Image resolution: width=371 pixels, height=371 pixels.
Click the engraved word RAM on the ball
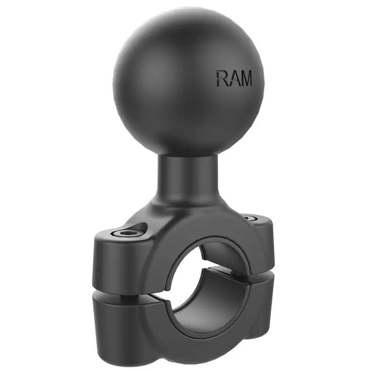pyautogui.click(x=234, y=78)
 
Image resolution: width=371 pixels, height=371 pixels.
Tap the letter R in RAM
pyautogui.click(x=221, y=78)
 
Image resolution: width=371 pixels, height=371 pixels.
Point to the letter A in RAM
pyautogui.click(x=233, y=78)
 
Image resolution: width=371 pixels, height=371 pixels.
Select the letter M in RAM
pyautogui.click(x=245, y=78)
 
